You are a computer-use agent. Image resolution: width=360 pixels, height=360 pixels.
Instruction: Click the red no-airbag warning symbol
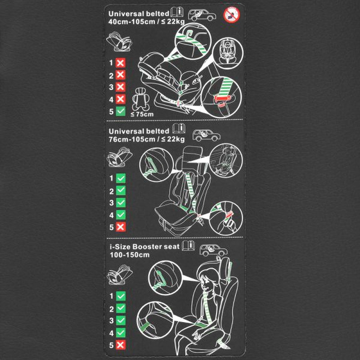point(232,15)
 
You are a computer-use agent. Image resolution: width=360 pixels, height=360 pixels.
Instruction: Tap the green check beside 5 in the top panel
point(121,112)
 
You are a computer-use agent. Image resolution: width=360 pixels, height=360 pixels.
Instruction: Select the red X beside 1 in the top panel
point(121,63)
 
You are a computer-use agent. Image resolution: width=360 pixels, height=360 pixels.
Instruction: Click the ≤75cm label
point(142,114)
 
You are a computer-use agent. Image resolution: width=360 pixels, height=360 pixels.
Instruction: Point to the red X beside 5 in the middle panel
point(121,227)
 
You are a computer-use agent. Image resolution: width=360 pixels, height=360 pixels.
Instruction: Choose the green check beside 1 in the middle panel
point(121,178)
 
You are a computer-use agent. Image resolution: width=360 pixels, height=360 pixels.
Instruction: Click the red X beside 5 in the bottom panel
point(121,345)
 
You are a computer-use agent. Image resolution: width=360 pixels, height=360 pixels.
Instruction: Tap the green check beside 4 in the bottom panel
point(121,333)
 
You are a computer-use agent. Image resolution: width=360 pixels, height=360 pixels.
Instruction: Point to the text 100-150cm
point(130,255)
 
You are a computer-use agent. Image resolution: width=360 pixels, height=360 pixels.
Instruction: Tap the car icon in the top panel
point(202,15)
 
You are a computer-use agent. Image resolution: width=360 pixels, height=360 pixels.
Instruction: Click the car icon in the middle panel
point(207,135)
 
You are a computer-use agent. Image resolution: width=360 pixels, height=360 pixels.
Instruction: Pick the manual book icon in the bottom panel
point(189,246)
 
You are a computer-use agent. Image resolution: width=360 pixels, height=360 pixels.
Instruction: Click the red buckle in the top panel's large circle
point(223,99)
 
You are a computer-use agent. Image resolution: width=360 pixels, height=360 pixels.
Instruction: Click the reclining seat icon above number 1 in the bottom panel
point(120,274)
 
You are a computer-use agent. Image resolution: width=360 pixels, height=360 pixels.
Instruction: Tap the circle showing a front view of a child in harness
point(228,53)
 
